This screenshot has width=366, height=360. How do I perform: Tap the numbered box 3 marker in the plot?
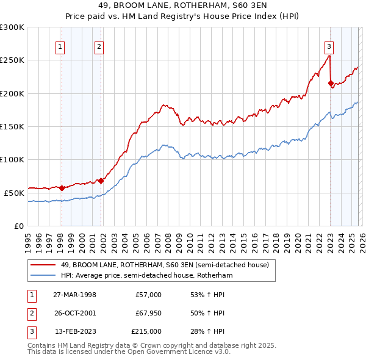tap(329, 46)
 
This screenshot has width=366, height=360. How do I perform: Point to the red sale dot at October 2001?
tap(101, 181)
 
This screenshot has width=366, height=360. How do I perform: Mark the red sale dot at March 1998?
tap(62, 188)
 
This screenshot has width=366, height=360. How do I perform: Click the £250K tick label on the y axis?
tap(12, 60)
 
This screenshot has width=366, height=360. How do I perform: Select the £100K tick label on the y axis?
tap(12, 159)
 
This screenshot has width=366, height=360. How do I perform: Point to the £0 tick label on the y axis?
tap(18, 226)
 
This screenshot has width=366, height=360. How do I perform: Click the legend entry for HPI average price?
tap(146, 275)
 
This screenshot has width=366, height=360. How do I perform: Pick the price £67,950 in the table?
tap(146, 313)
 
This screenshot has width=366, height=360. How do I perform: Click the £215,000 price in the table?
tap(146, 331)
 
